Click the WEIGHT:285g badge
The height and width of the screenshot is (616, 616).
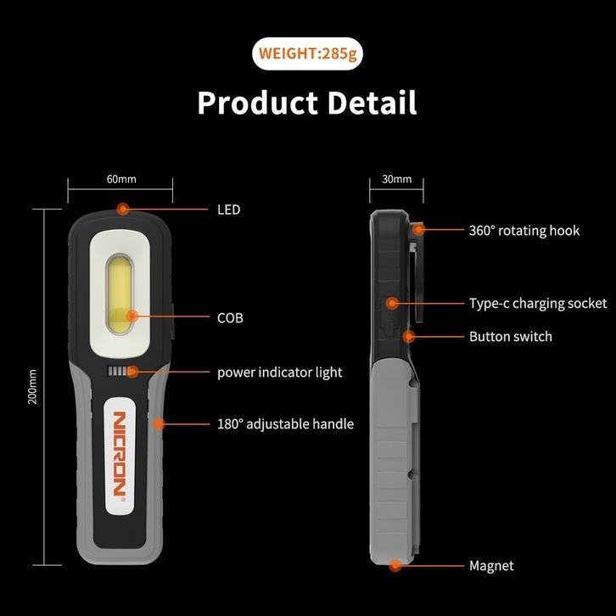tap(308, 54)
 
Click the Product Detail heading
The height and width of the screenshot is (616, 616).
tap(307, 103)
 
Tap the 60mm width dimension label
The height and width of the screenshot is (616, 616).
tap(121, 179)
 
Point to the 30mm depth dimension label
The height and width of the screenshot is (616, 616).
tap(397, 179)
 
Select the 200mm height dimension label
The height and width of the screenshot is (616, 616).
tap(33, 386)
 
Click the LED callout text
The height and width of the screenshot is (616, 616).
tap(228, 210)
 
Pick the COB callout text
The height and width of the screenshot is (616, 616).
tap(230, 318)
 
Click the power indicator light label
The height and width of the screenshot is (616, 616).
tap(279, 372)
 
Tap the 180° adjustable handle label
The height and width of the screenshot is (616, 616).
tap(285, 424)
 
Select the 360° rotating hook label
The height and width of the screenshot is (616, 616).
tap(524, 231)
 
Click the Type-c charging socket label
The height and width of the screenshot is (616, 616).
tap(537, 304)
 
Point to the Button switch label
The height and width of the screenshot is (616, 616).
tap(510, 337)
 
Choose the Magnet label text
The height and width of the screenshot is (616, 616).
tap(491, 566)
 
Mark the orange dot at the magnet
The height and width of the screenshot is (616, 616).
tap(395, 565)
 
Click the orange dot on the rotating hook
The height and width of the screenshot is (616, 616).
tap(418, 229)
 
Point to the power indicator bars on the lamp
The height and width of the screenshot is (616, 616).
tap(122, 372)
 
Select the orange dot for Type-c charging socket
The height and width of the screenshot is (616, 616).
tap(392, 303)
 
